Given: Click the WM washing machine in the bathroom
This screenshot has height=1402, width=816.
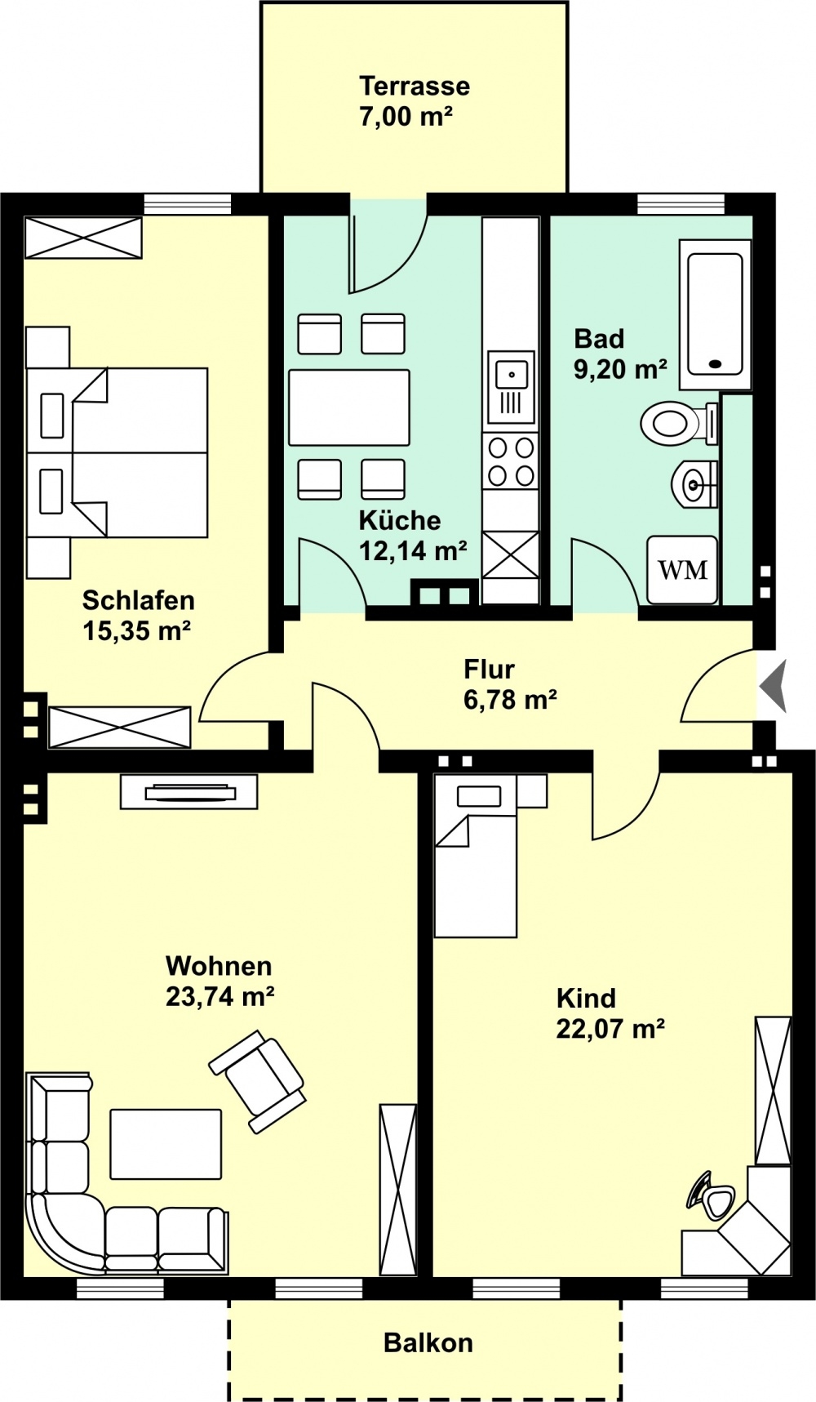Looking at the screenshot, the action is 683,569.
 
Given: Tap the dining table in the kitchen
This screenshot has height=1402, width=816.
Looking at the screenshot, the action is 349,407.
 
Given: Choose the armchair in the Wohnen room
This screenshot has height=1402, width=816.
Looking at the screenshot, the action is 258,1082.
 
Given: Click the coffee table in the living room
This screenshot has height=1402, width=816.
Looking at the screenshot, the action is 166,1143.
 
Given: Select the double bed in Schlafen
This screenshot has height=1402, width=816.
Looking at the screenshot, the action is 117,452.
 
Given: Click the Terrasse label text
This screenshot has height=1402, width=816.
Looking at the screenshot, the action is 415,86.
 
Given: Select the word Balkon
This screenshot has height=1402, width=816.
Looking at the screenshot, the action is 428,1343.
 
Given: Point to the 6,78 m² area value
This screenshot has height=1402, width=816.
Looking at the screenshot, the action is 511,700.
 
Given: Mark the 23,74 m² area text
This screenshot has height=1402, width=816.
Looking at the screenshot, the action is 220,997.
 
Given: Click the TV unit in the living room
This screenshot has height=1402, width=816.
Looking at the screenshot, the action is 188,791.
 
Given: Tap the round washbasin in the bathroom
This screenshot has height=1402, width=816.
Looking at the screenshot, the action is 694,483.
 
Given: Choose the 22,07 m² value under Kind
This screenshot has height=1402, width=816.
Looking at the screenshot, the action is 610,1029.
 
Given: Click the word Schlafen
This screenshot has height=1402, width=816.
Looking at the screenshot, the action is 139,600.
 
